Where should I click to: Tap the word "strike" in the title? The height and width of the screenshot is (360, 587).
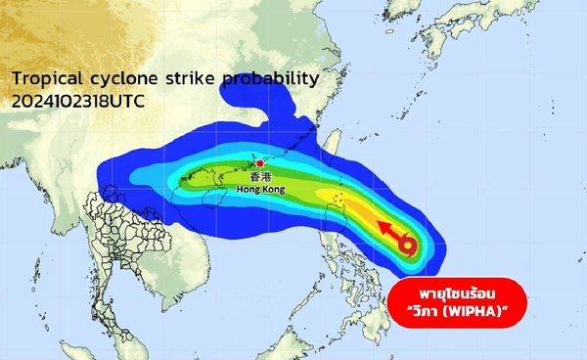click(185, 78)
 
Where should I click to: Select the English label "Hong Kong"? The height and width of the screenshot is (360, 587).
click(261, 190)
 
